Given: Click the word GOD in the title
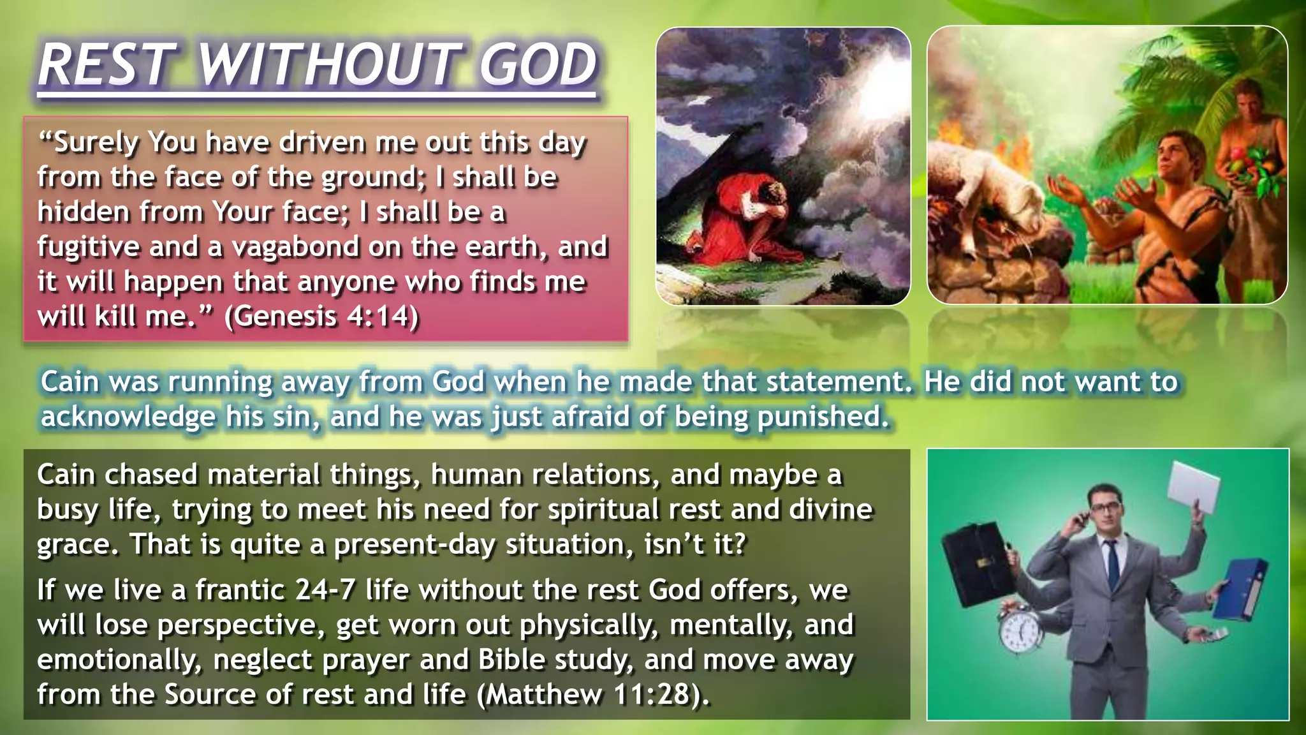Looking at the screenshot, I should pos(537,65).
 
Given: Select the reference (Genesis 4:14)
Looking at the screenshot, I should pos(322,316).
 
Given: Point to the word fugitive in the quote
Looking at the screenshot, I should pos(88,247).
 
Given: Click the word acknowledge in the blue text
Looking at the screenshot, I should pos(128,417).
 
